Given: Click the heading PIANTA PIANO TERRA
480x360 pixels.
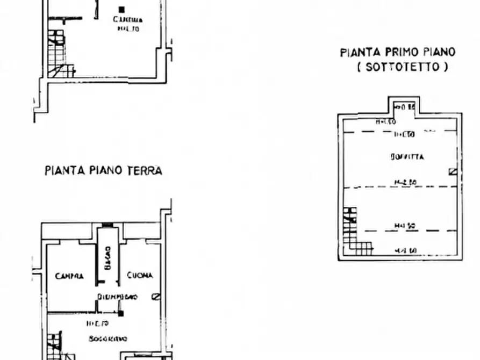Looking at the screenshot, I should point(103,171).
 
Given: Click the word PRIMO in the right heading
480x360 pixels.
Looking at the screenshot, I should point(402,52).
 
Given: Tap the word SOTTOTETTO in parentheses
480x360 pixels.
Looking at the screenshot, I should point(402,67).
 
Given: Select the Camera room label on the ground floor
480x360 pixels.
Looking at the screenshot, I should point(69,276).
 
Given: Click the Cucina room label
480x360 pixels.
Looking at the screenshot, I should point(140,276).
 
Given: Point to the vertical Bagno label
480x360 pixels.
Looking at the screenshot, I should point(108,258).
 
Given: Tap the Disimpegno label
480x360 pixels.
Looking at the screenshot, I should point(118,297).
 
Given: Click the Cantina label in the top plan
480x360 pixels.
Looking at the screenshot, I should point(127,20).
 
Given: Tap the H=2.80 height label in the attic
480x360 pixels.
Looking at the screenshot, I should point(406,182).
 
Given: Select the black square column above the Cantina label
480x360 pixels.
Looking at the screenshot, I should point(122,9).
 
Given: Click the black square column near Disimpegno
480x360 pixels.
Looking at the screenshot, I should point(121,313).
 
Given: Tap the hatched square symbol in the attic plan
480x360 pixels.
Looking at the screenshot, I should point(452,172).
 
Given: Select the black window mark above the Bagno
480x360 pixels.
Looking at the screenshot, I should point(108,225).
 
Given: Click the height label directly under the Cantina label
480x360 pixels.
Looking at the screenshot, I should point(128,29).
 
